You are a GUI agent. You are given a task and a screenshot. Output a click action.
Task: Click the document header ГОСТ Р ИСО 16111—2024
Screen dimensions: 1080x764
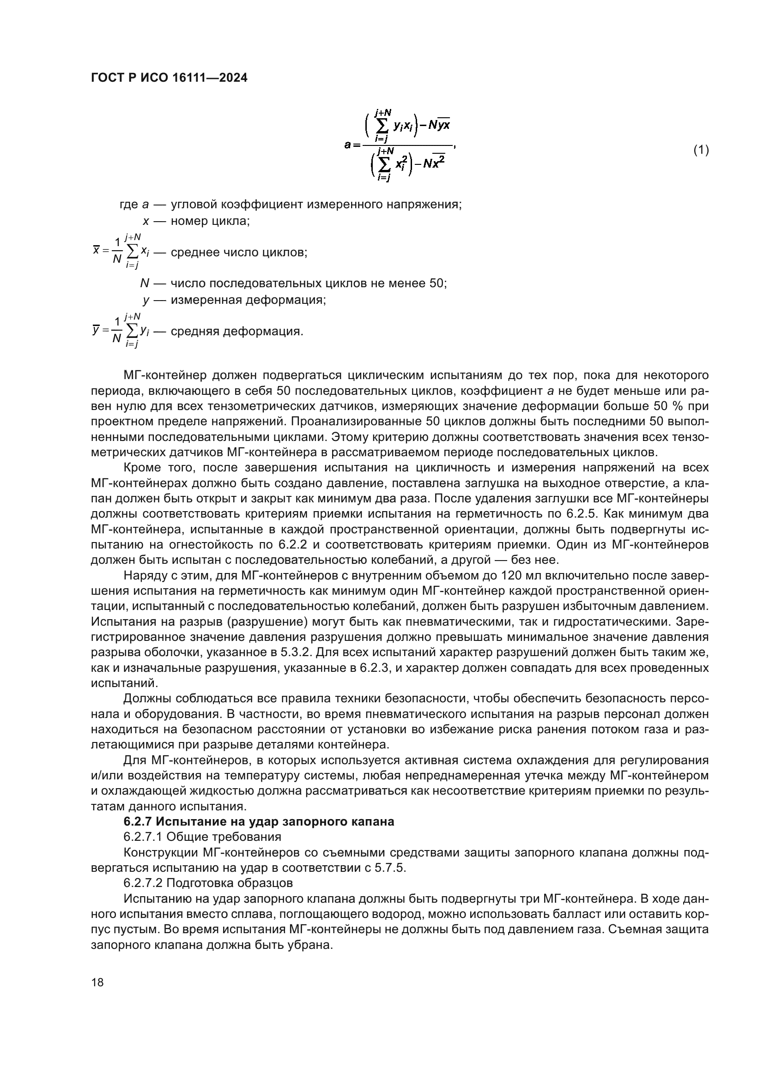pyautogui.click(x=169, y=78)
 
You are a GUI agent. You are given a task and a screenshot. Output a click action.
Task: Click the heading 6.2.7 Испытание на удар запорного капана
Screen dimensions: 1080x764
pyautogui.click(x=259, y=821)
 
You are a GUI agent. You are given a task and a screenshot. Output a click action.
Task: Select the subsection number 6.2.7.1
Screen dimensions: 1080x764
pyautogui.click(x=143, y=837)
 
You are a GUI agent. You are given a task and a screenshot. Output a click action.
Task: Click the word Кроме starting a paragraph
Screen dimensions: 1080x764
pyautogui.click(x=143, y=468)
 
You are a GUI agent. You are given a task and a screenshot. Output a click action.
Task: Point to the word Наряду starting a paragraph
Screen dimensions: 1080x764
pyautogui.click(x=146, y=575)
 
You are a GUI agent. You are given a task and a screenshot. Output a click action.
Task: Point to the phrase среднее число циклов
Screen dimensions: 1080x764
pyautogui.click(x=238, y=252)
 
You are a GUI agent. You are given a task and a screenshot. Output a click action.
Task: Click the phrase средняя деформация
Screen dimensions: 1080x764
pyautogui.click(x=236, y=331)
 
